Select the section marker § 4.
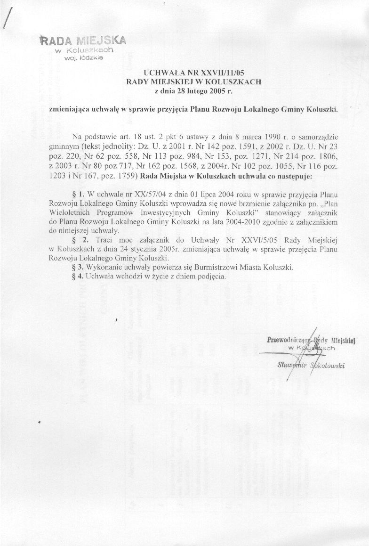click(x=76, y=276)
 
